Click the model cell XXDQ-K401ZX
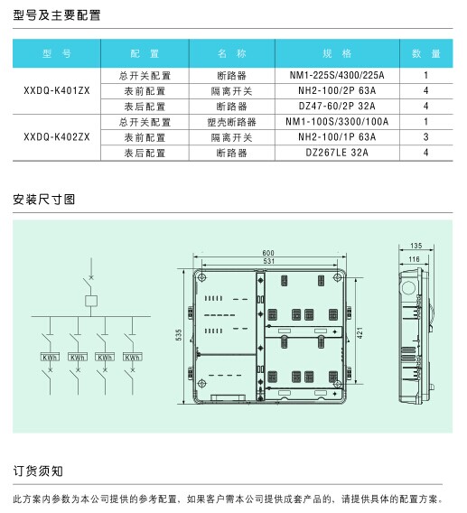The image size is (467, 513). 57,90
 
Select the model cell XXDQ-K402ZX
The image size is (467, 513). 57,137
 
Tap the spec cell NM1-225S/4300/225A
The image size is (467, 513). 337,75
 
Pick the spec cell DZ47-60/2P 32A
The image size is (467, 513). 337,106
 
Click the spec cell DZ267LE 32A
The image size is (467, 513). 337,153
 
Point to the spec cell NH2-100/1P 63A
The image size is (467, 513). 337,137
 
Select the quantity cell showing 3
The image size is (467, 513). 425,137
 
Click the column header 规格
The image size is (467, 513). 337,53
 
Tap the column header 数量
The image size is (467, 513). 426,53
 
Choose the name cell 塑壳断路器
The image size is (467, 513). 232,122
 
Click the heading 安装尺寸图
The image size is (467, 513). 44,200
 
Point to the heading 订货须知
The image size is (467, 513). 38,471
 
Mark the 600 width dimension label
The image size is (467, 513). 268,253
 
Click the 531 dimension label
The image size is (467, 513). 268,261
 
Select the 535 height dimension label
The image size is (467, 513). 179,335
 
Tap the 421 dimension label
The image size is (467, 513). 360,332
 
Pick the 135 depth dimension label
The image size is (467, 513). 416,246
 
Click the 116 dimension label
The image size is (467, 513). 414,259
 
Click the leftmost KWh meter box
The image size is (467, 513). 50,357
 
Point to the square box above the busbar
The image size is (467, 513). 91,301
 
